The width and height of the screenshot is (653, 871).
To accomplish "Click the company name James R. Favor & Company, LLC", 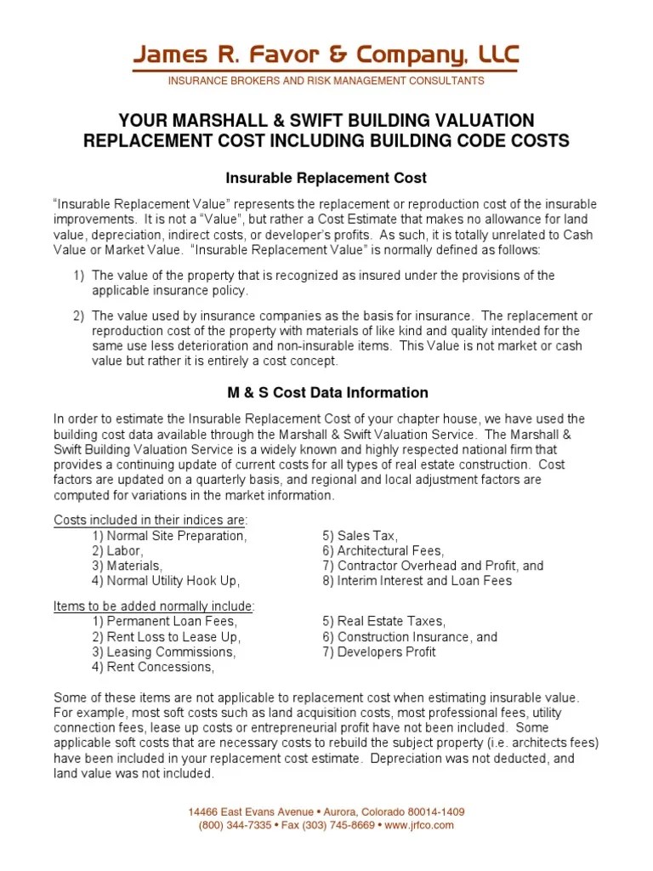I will coord(326,57).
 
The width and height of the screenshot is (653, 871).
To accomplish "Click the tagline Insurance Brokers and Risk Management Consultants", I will coord(326,81).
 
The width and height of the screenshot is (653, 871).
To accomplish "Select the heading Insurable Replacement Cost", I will coord(326,179).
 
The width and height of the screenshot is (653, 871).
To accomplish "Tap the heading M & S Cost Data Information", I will coord(326,393).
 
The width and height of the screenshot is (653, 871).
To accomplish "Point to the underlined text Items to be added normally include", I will coord(154,606).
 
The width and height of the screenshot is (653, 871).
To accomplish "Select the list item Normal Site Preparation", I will coord(170,536).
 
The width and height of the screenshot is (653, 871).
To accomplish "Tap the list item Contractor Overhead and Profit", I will coord(433,566).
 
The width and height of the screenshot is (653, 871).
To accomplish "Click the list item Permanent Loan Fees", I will coord(165,622).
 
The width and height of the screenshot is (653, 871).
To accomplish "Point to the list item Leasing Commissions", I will coord(164,652).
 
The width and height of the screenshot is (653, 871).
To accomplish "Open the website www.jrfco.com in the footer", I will coord(421,825).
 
